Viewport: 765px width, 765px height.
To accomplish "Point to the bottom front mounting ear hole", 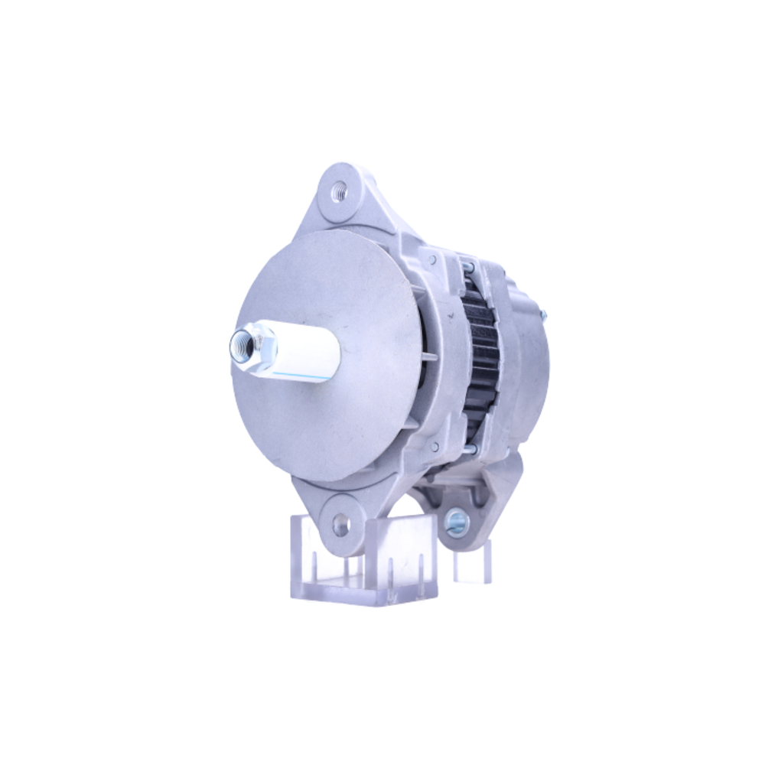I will [x=341, y=524].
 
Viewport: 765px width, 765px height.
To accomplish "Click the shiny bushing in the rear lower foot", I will [x=457, y=522].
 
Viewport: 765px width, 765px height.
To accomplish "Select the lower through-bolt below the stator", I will [x=470, y=449].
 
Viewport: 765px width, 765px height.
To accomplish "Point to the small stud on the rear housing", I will [x=544, y=313].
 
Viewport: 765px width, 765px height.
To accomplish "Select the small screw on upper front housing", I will [x=434, y=260].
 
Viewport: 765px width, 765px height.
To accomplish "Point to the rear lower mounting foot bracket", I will [x=474, y=497].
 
